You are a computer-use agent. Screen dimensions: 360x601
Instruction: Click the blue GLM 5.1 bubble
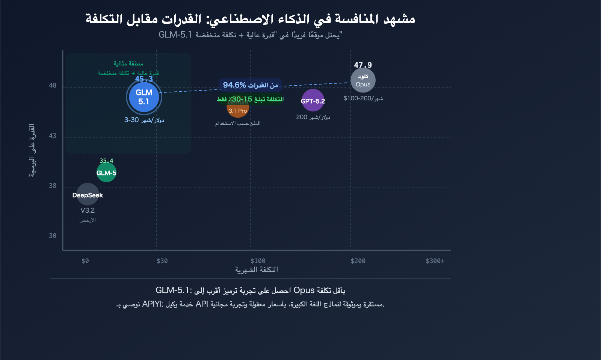(144, 97)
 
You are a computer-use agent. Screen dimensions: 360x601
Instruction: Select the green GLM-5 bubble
(106, 172)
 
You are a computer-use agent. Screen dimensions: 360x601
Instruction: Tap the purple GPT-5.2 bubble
(313, 100)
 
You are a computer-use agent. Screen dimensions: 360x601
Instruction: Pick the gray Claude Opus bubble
(363, 80)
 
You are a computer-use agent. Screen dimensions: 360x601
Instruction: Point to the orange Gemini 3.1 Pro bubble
(238, 108)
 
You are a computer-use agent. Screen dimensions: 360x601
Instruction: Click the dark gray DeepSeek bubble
(88, 194)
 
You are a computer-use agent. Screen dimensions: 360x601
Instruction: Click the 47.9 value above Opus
(363, 65)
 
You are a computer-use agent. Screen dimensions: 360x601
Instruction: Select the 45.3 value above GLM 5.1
(144, 79)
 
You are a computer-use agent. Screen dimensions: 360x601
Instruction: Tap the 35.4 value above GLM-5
(106, 161)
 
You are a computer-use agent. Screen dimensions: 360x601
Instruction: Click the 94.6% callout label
(251, 85)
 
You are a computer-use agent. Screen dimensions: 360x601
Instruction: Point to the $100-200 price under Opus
(363, 98)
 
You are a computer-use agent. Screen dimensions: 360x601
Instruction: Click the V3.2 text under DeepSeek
(88, 210)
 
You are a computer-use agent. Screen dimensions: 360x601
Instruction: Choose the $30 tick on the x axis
(162, 261)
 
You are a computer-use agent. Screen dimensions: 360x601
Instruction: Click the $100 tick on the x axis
(258, 261)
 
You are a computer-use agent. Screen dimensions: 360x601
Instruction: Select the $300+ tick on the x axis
(435, 261)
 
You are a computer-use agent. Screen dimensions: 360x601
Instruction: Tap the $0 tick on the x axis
(85, 261)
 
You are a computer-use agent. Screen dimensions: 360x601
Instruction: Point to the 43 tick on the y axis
(53, 136)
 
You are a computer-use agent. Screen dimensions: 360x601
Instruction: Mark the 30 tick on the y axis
(53, 236)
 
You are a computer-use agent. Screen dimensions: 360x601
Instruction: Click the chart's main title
(250, 19)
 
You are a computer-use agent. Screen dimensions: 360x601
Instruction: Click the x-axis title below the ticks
(257, 270)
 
